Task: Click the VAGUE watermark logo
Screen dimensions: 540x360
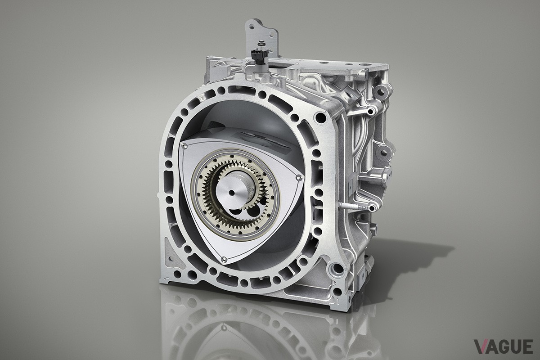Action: (504, 346)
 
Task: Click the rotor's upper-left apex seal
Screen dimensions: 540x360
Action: (185, 146)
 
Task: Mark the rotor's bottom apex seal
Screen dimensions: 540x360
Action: (225, 259)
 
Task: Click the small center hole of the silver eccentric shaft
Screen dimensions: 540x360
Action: (232, 193)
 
